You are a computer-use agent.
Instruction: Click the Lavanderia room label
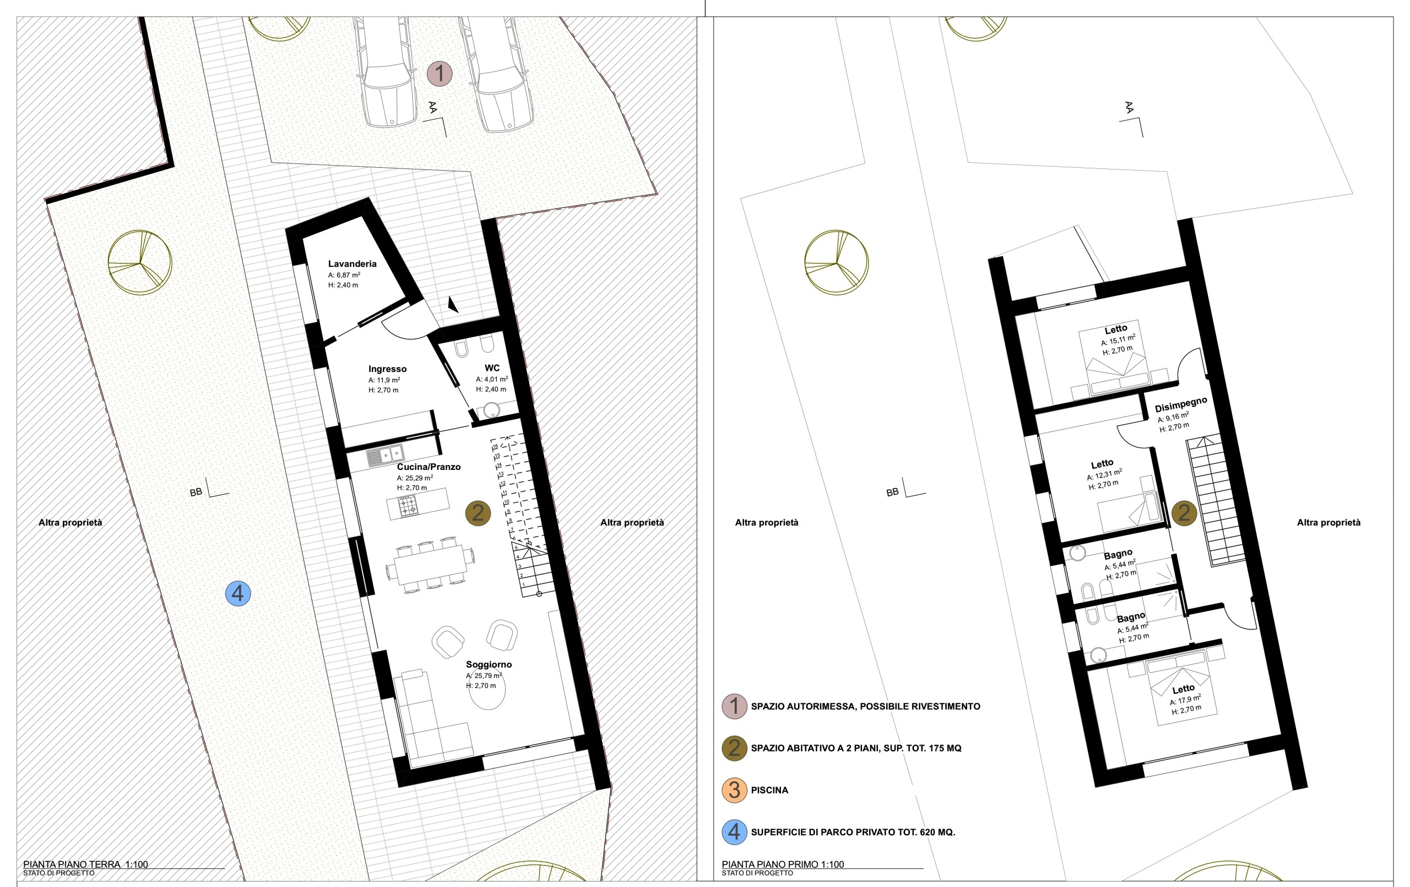[352, 264]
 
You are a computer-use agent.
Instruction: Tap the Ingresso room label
[387, 369]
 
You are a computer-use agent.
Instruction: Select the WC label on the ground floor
[492, 368]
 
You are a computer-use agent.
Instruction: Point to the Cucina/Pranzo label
[429, 467]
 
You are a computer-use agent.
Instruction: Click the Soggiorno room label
[489, 664]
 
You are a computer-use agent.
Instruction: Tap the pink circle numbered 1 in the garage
[439, 74]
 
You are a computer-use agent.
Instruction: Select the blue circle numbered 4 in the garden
[238, 593]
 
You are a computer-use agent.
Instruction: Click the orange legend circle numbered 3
[734, 790]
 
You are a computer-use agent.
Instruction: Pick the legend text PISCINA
[769, 791]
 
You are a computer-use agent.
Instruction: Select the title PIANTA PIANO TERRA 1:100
[85, 864]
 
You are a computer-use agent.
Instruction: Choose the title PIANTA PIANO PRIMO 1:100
[783, 864]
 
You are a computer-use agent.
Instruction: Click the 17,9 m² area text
[1185, 700]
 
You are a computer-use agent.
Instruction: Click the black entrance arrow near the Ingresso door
[453, 304]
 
